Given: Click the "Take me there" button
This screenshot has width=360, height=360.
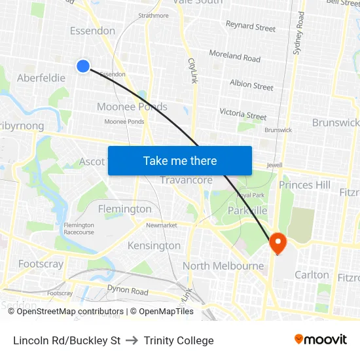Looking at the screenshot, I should coord(180,161).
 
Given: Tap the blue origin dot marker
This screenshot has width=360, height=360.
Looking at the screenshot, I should coord(83,65).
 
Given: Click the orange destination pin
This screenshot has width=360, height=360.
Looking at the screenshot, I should coord(278,243).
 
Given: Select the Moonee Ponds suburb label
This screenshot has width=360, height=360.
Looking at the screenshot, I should coord(132,107).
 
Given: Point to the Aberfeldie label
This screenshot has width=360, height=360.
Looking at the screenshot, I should coord(41,78).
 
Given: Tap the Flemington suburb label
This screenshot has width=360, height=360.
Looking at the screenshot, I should coord(124,209).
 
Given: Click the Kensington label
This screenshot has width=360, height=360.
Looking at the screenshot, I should coord(154,245).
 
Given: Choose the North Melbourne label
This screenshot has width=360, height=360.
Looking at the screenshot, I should coord(223,266).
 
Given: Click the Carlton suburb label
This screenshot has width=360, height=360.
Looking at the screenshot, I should coord(312,274).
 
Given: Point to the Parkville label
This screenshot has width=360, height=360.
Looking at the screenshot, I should coord(247,210).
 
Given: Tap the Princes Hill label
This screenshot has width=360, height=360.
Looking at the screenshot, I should coord(305,185).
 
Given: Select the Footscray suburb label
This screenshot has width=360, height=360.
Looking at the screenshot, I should coord(41,264).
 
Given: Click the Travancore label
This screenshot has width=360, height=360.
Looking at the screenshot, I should coord(187,180).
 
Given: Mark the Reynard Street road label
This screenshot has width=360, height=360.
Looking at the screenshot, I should coord(251,27).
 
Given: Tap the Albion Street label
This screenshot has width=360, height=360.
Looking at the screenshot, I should coord(251,84).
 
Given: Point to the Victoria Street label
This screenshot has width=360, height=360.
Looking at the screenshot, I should coord(243,114).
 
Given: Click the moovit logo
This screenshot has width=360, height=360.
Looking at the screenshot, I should coord(320,340).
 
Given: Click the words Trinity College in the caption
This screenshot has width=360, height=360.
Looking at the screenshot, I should coord(179,340).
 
